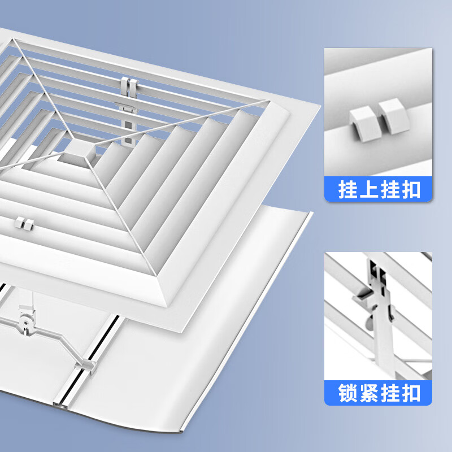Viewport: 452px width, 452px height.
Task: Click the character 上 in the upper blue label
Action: (365, 189)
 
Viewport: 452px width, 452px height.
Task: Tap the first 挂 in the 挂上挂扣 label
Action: (346, 189)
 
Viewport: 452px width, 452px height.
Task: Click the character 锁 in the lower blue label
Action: (346, 392)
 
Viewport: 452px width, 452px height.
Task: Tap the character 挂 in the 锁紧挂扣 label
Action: (390, 392)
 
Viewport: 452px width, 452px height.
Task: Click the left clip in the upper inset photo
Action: (360, 123)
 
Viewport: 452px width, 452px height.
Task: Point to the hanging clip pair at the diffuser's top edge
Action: (129, 86)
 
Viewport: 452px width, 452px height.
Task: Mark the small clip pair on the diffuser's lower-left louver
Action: (24, 221)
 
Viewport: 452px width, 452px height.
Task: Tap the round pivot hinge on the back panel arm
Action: (26, 323)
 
